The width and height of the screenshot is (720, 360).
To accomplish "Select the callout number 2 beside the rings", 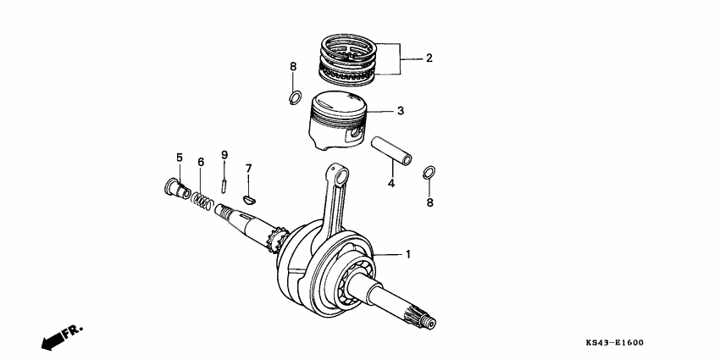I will [429, 58].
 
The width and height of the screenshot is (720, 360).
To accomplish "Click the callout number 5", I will [179, 158].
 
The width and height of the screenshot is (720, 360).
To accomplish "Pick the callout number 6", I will [201, 162].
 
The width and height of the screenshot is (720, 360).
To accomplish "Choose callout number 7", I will [248, 169].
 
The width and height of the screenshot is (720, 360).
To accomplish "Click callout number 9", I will [224, 154].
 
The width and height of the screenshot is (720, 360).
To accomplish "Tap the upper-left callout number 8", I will [293, 66].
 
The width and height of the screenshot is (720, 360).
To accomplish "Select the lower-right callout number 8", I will [430, 203].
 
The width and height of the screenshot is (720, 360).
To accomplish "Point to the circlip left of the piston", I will [293, 97].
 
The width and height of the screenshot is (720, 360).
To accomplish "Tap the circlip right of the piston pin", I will [429, 173].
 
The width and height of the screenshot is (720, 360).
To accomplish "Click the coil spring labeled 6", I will [201, 200].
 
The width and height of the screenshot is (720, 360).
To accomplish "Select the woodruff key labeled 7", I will [248, 199].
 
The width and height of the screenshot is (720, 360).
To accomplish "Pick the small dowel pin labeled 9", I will [224, 181].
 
